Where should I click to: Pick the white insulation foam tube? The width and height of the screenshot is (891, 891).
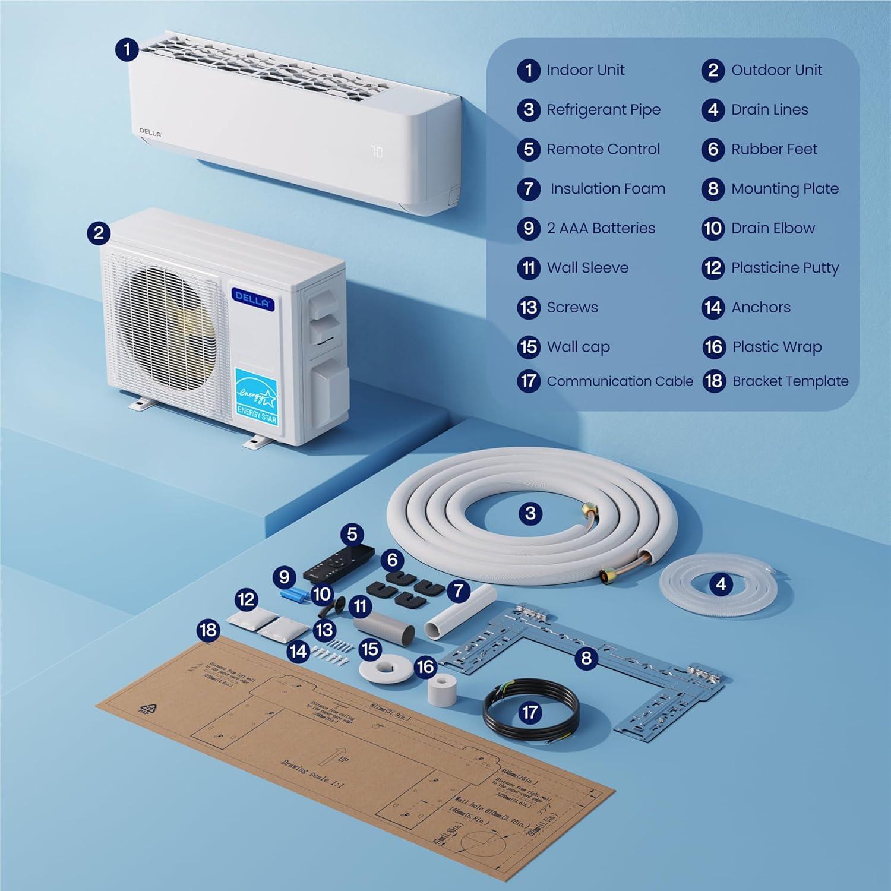click(460, 612)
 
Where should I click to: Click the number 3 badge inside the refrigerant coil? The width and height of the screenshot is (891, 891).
click(530, 513)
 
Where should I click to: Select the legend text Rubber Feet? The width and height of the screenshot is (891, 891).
click(774, 149)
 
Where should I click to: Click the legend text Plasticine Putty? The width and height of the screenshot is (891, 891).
click(785, 268)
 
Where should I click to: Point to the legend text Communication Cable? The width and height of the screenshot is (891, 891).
click(620, 381)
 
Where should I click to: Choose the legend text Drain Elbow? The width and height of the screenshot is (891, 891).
click(773, 228)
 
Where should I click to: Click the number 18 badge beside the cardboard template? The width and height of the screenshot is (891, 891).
click(208, 630)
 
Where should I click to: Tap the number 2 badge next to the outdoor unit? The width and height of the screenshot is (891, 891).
click(99, 232)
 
